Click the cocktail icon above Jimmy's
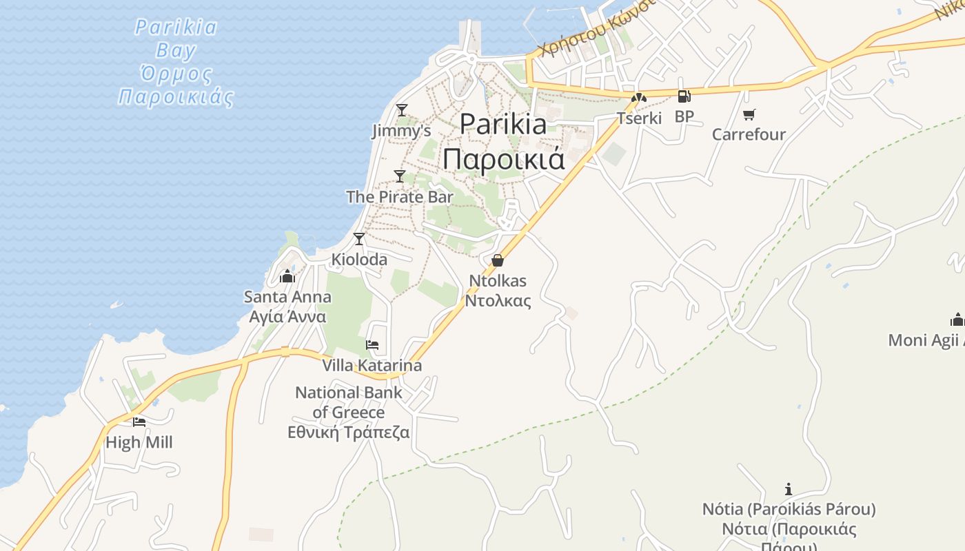point(401,110)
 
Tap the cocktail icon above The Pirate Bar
point(399,176)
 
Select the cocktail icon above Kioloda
point(358,239)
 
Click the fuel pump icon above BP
point(684,96)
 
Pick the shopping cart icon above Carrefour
point(749,114)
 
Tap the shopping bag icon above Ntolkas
point(497,260)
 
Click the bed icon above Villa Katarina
point(372,345)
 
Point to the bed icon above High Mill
point(139,422)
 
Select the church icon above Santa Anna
point(287,277)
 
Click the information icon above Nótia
point(789,489)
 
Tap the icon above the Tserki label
point(639,98)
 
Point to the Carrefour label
point(749,134)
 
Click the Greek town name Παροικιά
point(503,158)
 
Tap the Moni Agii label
point(926,340)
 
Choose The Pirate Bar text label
point(400,197)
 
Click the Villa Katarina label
point(372,365)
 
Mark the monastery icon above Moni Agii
point(957,320)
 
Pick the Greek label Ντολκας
point(498,300)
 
